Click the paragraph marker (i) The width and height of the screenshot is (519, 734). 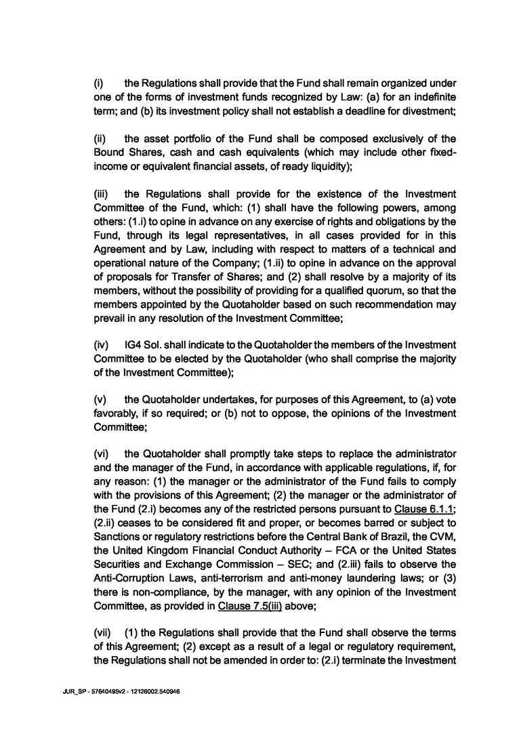[98, 82]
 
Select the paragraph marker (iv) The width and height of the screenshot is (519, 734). [99, 345]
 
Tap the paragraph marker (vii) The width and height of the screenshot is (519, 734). [100, 630]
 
